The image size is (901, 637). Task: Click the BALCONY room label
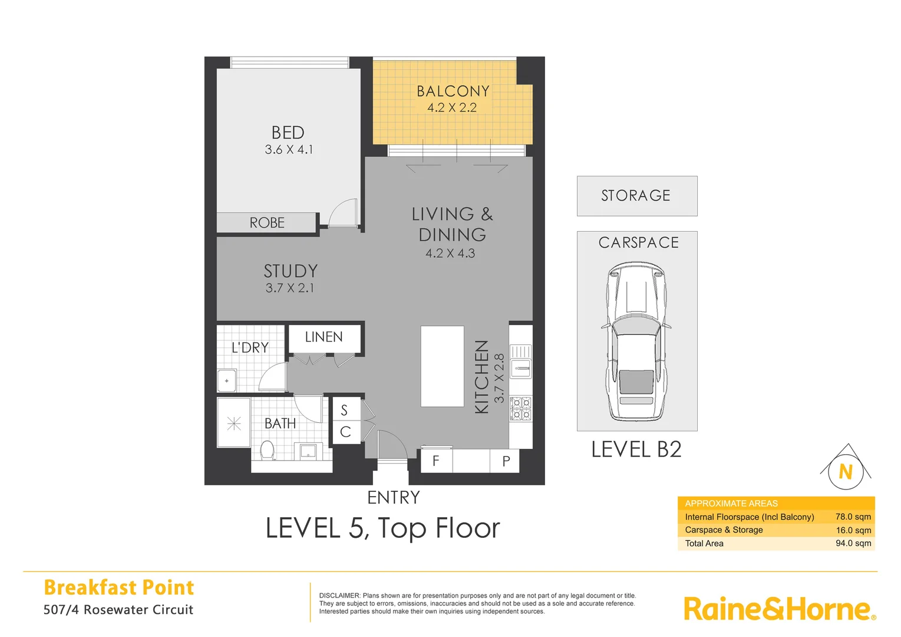click(453, 91)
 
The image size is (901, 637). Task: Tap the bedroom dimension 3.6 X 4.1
click(289, 150)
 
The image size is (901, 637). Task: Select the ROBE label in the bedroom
click(267, 223)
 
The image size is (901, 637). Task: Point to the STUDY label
click(291, 271)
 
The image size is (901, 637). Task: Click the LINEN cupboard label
click(324, 337)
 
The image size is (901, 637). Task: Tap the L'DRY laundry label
click(250, 348)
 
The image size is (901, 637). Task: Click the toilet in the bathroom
click(268, 451)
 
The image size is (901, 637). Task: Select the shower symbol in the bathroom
click(234, 423)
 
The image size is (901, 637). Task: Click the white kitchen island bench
click(442, 366)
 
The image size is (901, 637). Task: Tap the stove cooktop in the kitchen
click(520, 409)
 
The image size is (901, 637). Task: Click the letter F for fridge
click(435, 461)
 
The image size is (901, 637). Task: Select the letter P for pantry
click(506, 461)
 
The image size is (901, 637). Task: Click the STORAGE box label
click(636, 196)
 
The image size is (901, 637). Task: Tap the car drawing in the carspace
click(636, 342)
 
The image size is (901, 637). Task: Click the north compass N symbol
click(846, 471)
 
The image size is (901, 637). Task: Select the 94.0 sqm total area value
click(853, 543)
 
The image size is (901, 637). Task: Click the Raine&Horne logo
click(778, 609)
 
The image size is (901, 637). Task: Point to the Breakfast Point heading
click(119, 587)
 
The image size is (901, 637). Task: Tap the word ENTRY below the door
click(394, 498)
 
